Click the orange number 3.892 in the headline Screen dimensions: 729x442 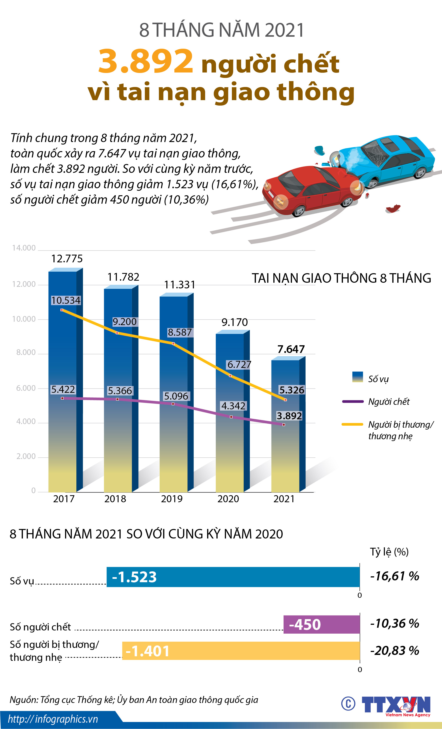[146, 62]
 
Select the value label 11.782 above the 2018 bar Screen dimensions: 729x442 [123, 277]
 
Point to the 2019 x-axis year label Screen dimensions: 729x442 [172, 499]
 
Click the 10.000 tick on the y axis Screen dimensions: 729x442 [24, 319]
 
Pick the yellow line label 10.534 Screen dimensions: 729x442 [66, 300]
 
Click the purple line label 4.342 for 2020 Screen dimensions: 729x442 [233, 406]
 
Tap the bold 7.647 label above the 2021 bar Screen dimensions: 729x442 [291, 349]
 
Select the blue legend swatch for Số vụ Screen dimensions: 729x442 [357, 377]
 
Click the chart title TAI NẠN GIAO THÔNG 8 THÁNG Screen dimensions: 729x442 [341, 278]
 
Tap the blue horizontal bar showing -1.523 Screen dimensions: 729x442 [233, 577]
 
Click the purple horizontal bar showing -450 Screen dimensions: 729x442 [321, 625]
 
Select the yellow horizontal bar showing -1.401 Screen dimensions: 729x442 [241, 651]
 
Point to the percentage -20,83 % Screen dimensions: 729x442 [394, 651]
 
